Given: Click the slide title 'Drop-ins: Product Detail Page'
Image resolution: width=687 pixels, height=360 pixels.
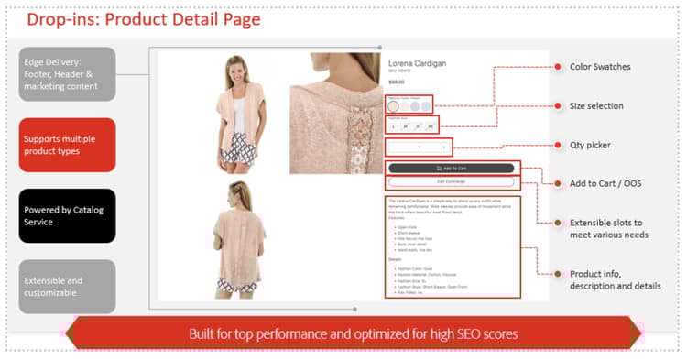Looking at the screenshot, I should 143,18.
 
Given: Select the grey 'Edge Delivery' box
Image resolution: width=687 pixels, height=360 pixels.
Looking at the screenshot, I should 67,73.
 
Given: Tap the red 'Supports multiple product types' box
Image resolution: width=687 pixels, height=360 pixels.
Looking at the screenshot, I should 67,145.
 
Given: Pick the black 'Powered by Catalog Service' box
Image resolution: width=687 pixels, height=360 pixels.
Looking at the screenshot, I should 67,215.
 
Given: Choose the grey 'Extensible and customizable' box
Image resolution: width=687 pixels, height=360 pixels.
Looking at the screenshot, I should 67,286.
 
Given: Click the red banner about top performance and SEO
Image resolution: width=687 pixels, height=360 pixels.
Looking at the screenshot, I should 353,333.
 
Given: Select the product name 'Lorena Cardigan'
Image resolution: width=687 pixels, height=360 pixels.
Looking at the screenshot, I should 417,62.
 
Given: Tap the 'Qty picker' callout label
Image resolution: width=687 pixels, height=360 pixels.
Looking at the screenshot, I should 591,145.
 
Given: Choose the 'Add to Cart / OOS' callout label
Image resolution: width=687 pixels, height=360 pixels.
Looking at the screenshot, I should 605,183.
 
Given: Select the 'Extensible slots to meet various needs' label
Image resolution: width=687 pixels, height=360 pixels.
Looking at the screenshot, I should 608,228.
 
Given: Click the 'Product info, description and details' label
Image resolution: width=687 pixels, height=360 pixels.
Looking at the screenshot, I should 608,279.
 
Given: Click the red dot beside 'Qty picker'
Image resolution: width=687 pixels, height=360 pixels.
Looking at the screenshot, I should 558,145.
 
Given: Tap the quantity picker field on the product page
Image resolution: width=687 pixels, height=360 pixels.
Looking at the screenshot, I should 419,147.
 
